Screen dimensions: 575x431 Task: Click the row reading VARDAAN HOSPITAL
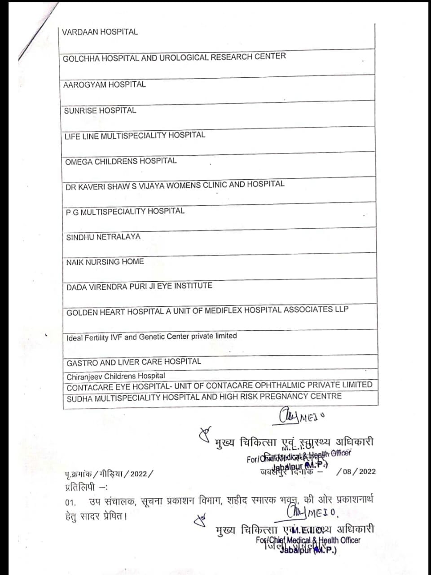[x=100, y=32]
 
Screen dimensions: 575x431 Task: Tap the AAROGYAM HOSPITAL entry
[x=104, y=84]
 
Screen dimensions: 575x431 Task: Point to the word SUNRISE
[x=80, y=111]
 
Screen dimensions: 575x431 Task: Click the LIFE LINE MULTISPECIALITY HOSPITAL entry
[x=135, y=136]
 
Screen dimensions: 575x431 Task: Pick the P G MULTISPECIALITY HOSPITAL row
[x=125, y=211]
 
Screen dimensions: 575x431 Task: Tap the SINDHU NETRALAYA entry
[x=103, y=237]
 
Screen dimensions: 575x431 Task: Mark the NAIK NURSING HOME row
[x=105, y=261]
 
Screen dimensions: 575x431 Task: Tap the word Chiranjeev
[x=84, y=376]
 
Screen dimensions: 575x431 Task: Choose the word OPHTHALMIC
[x=284, y=385]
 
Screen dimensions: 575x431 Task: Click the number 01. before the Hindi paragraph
[x=70, y=502]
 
